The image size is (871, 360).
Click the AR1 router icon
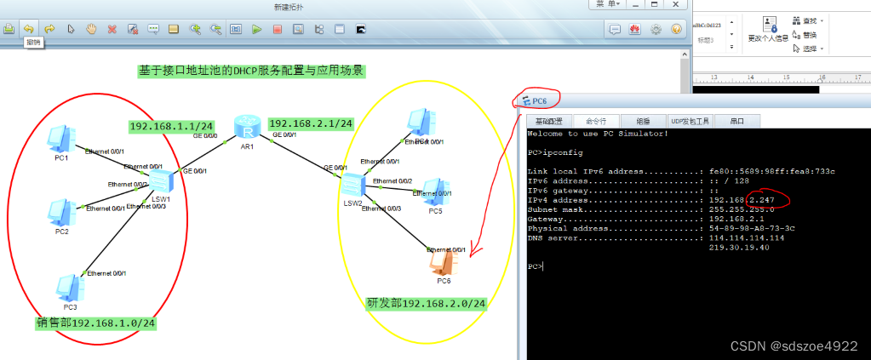[x=247, y=129]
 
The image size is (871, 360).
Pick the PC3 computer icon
[x=69, y=287]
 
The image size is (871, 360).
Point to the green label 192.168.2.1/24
[x=311, y=123]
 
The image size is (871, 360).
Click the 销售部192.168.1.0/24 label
[x=95, y=323]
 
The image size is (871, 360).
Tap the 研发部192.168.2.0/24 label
[x=426, y=303]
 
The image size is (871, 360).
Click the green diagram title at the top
[x=252, y=71]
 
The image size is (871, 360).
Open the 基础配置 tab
[x=548, y=121]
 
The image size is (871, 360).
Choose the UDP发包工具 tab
[x=690, y=121]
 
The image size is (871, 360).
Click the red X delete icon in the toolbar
[x=112, y=29]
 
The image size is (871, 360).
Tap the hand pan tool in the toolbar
[x=91, y=29]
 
